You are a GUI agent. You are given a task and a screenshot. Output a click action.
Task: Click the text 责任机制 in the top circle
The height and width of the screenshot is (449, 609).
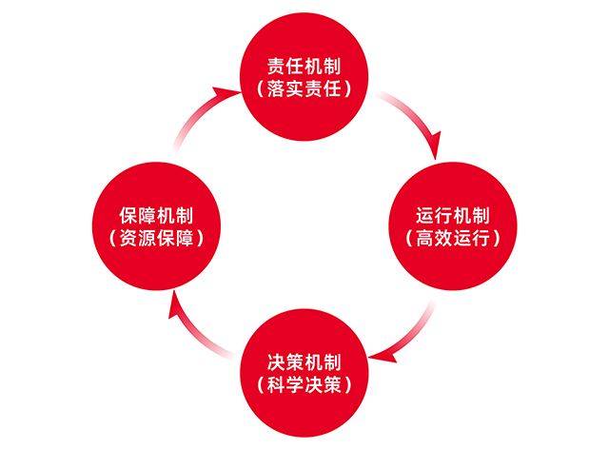click(304, 67)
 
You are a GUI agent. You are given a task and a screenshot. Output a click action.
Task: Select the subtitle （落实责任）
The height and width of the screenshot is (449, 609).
click(304, 88)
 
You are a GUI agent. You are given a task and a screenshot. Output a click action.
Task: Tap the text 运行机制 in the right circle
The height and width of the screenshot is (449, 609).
click(453, 216)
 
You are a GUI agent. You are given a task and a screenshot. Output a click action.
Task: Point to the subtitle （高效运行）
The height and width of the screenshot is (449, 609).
click(453, 238)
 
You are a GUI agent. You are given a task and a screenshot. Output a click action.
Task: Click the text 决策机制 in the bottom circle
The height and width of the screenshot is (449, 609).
click(304, 362)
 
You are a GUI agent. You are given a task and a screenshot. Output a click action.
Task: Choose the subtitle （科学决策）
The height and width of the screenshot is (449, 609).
click(304, 384)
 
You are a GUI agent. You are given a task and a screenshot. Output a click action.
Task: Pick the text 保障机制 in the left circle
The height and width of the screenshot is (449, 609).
click(156, 216)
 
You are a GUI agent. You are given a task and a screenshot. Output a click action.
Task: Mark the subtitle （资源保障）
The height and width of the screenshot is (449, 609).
click(156, 238)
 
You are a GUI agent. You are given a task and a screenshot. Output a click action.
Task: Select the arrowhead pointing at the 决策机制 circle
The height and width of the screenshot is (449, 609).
click(383, 357)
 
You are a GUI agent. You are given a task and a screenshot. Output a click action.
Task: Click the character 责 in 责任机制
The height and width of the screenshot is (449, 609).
click(276, 67)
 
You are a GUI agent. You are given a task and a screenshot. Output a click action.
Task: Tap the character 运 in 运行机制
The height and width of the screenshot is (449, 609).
click(425, 216)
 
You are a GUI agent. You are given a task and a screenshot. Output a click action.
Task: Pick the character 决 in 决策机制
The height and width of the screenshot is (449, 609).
click(276, 362)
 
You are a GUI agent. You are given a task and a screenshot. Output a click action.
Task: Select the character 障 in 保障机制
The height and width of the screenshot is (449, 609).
click(147, 216)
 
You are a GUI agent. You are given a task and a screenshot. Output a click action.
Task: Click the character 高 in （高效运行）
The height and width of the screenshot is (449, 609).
click(425, 238)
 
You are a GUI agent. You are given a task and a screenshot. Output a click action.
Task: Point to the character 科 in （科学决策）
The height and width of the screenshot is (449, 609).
click(276, 384)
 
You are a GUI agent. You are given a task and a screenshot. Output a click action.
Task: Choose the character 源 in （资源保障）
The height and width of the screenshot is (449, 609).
click(147, 238)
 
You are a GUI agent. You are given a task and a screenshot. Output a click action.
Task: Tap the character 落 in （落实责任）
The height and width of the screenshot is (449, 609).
click(276, 88)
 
